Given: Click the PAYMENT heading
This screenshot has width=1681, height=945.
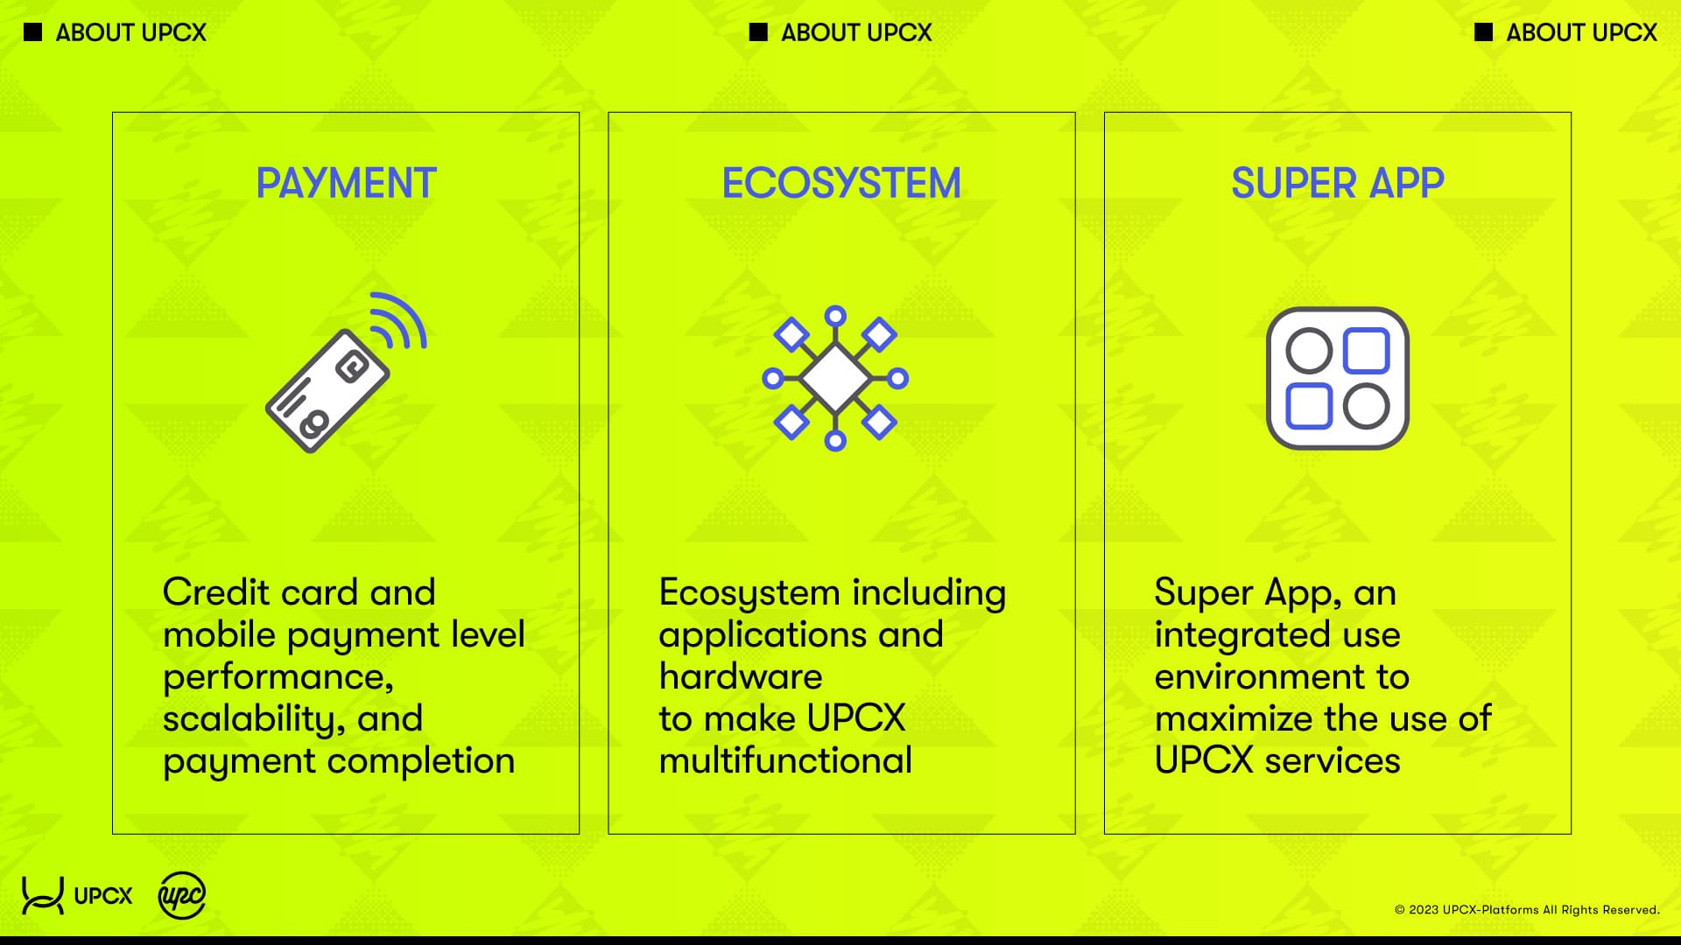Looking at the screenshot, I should [346, 184].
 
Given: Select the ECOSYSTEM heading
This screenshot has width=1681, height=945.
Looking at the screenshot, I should [840, 184].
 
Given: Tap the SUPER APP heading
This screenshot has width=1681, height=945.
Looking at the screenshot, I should [1337, 184].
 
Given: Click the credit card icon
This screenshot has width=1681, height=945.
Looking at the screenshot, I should [327, 391].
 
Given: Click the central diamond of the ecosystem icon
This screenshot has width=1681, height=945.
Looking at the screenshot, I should [835, 378].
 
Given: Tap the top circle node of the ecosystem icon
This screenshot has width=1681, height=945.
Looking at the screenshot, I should [835, 316].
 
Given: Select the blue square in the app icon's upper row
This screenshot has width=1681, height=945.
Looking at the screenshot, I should [1366, 351].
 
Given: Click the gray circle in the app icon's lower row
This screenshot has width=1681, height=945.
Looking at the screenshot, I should [1366, 407].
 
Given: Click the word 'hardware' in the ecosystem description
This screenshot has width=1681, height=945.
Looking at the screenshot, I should [741, 677].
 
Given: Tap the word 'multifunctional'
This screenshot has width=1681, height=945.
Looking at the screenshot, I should [785, 761].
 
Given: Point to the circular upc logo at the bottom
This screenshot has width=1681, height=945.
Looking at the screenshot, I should [181, 896].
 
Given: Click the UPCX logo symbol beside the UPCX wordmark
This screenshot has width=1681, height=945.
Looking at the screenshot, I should [42, 896].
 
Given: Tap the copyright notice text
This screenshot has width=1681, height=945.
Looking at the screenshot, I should [1527, 910].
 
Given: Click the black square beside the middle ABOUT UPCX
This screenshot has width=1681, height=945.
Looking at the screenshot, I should [758, 32].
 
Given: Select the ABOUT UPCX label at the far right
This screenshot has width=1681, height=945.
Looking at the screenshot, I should [1581, 32].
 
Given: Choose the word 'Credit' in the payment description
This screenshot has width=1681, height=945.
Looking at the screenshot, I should [216, 593].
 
